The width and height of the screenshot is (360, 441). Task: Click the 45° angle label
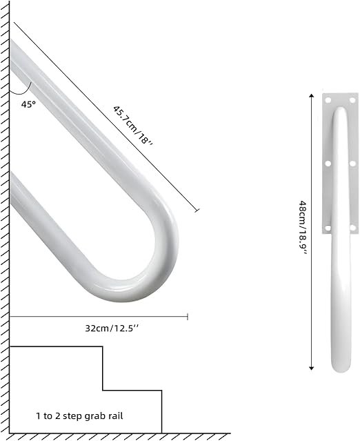click(28, 104)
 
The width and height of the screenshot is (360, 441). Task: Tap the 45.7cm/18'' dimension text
click(133, 126)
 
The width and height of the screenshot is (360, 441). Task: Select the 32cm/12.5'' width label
click(112, 329)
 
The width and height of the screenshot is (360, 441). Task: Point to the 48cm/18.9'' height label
click(303, 228)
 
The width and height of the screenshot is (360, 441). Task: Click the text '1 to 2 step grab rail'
click(79, 416)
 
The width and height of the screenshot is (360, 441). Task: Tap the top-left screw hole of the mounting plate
click(328, 100)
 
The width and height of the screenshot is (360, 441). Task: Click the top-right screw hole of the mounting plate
click(352, 100)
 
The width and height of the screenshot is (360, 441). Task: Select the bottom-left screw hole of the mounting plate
click(328, 228)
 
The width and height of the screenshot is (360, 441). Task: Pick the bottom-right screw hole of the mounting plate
click(352, 228)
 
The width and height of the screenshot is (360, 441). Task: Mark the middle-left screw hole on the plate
click(328, 164)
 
